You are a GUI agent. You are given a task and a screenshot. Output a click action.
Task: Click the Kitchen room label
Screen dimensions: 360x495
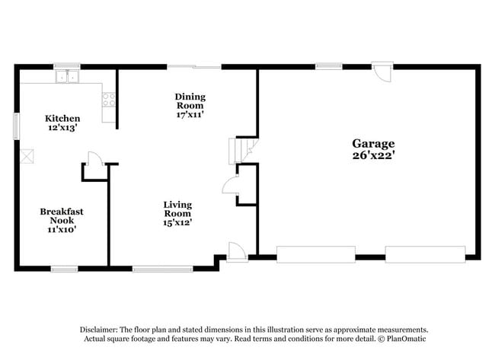pyautogui.click(x=62, y=119)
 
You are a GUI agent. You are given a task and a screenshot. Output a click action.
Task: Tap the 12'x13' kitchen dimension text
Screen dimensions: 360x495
pyautogui.click(x=62, y=129)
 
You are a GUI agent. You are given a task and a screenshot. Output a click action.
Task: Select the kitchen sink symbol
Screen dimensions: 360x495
pyautogui.click(x=67, y=75)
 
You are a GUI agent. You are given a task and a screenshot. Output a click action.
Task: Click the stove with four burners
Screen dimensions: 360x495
pyautogui.click(x=108, y=98)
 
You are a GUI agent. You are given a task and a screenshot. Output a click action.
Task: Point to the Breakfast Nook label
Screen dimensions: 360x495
pyautogui.click(x=62, y=215)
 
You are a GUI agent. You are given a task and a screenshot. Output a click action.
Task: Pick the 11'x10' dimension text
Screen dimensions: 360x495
pyautogui.click(x=62, y=228)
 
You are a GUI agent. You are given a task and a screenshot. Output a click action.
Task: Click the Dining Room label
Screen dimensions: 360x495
pyautogui.click(x=190, y=100)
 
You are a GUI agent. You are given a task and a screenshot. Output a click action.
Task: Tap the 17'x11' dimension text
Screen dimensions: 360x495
pyautogui.click(x=190, y=114)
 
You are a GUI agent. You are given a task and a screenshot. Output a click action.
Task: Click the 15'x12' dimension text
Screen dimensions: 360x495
pyautogui.click(x=177, y=222)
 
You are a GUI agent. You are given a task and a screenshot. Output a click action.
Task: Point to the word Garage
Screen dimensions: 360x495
pyautogui.click(x=373, y=143)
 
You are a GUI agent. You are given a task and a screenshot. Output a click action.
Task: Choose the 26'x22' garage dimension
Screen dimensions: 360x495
pyautogui.click(x=373, y=156)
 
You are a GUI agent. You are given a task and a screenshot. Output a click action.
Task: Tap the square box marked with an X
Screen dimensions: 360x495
pyautogui.click(x=28, y=157)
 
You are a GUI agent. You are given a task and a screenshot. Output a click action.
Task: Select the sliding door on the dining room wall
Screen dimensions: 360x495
pyautogui.click(x=194, y=67)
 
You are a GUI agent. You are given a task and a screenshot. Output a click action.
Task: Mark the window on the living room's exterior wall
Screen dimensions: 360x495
pyautogui.click(x=163, y=268)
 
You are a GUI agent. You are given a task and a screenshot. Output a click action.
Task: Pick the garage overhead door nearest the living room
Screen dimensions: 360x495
pyautogui.click(x=315, y=254)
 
